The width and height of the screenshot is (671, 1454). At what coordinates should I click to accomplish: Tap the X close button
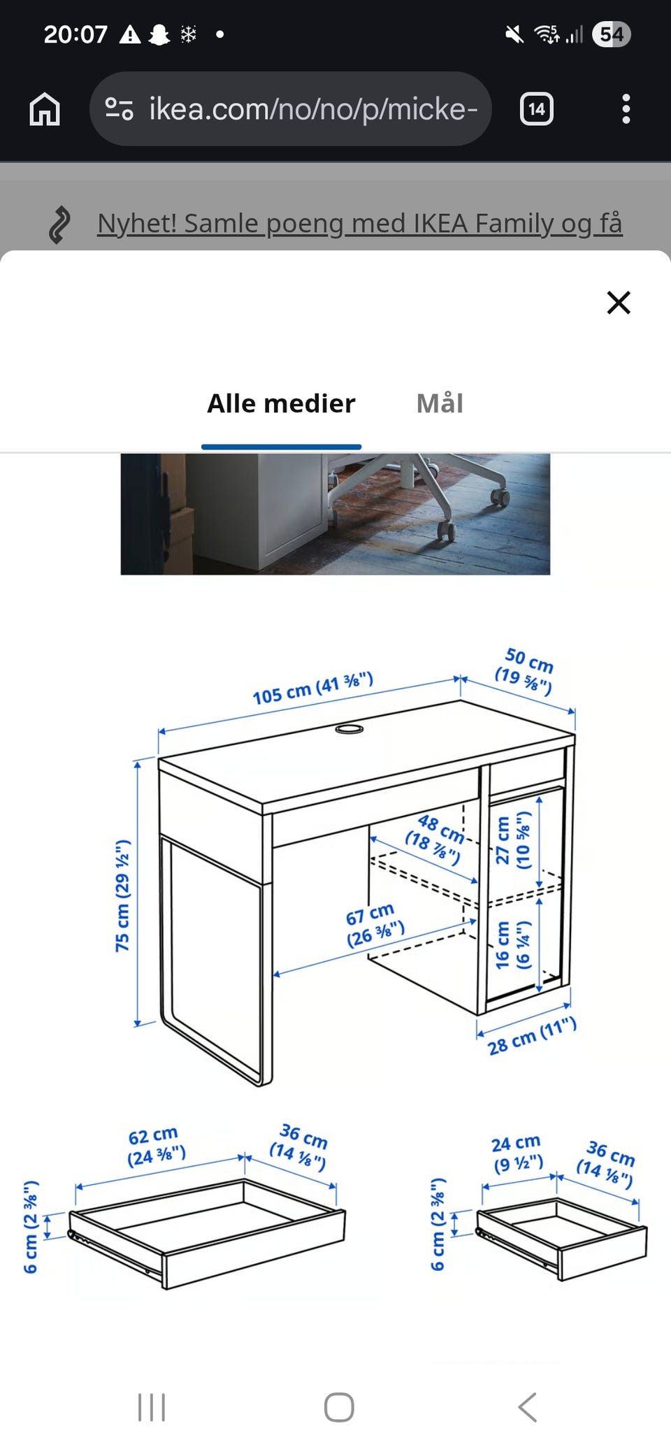point(619,303)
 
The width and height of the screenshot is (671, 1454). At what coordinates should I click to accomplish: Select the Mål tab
point(440,403)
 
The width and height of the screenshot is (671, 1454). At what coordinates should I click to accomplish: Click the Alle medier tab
point(281,403)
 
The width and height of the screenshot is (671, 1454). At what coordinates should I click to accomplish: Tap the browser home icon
point(45,109)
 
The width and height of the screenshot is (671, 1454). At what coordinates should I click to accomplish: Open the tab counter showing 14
point(536,109)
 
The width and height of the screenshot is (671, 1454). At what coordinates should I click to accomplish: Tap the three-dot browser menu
point(626,109)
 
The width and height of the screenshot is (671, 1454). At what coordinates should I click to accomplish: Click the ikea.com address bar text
point(312,109)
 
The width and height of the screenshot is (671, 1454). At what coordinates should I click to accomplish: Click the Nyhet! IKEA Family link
point(359,224)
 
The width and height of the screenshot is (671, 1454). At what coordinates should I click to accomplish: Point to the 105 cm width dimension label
point(312,689)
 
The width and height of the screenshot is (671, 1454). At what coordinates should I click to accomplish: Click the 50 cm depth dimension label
point(526,670)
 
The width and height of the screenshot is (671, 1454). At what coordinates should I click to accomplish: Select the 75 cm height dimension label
point(123,895)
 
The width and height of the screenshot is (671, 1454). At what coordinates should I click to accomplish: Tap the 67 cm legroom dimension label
point(375,924)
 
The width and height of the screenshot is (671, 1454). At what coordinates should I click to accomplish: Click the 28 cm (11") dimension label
point(532,1037)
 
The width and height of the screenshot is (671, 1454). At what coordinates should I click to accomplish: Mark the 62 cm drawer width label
point(155,1145)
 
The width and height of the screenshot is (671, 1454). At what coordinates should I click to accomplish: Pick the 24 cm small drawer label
point(517,1153)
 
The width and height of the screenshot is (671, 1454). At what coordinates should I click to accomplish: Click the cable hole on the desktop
point(349,729)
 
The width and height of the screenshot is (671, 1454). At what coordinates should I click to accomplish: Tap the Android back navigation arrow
point(528,1406)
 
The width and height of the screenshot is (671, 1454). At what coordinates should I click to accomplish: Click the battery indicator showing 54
point(611,34)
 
